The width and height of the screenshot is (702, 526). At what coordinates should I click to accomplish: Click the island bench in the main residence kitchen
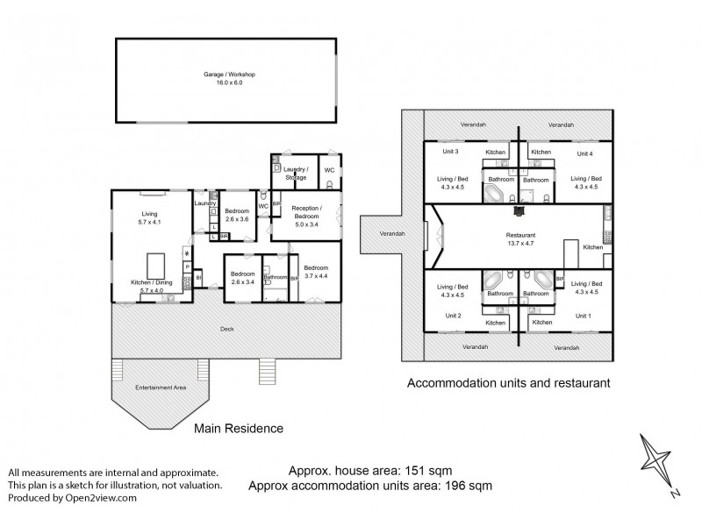point(158,263)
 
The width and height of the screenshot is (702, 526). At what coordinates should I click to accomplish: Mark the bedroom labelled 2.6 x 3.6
point(237,215)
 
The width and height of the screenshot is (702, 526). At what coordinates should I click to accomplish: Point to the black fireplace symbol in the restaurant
point(519,210)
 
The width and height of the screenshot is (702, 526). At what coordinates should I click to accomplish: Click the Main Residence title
point(240,429)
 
